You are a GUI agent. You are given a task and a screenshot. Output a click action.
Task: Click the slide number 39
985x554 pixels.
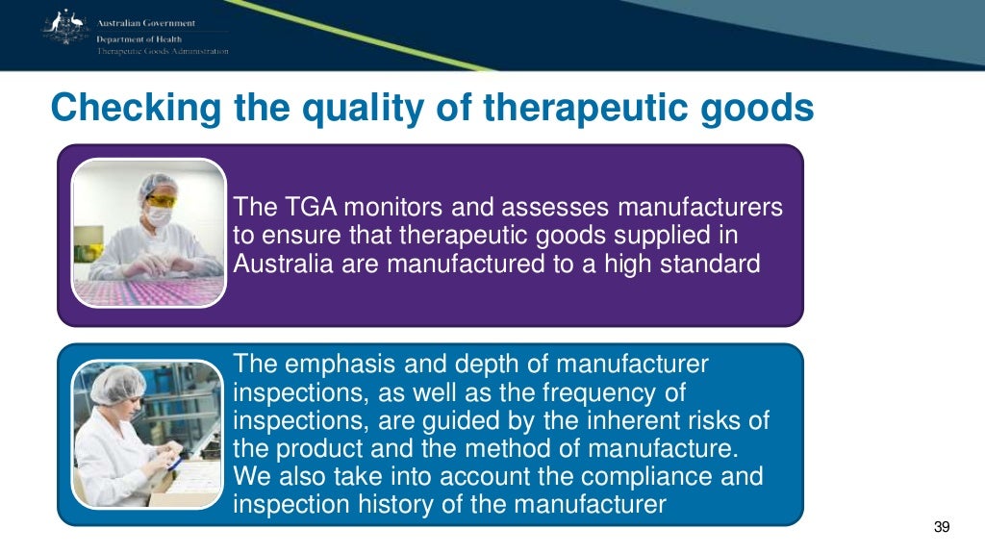coord(942,527)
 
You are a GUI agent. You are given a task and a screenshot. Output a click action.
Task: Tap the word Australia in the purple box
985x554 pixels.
coord(283,263)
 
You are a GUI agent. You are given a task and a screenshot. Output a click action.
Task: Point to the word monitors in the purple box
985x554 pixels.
coord(389,208)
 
